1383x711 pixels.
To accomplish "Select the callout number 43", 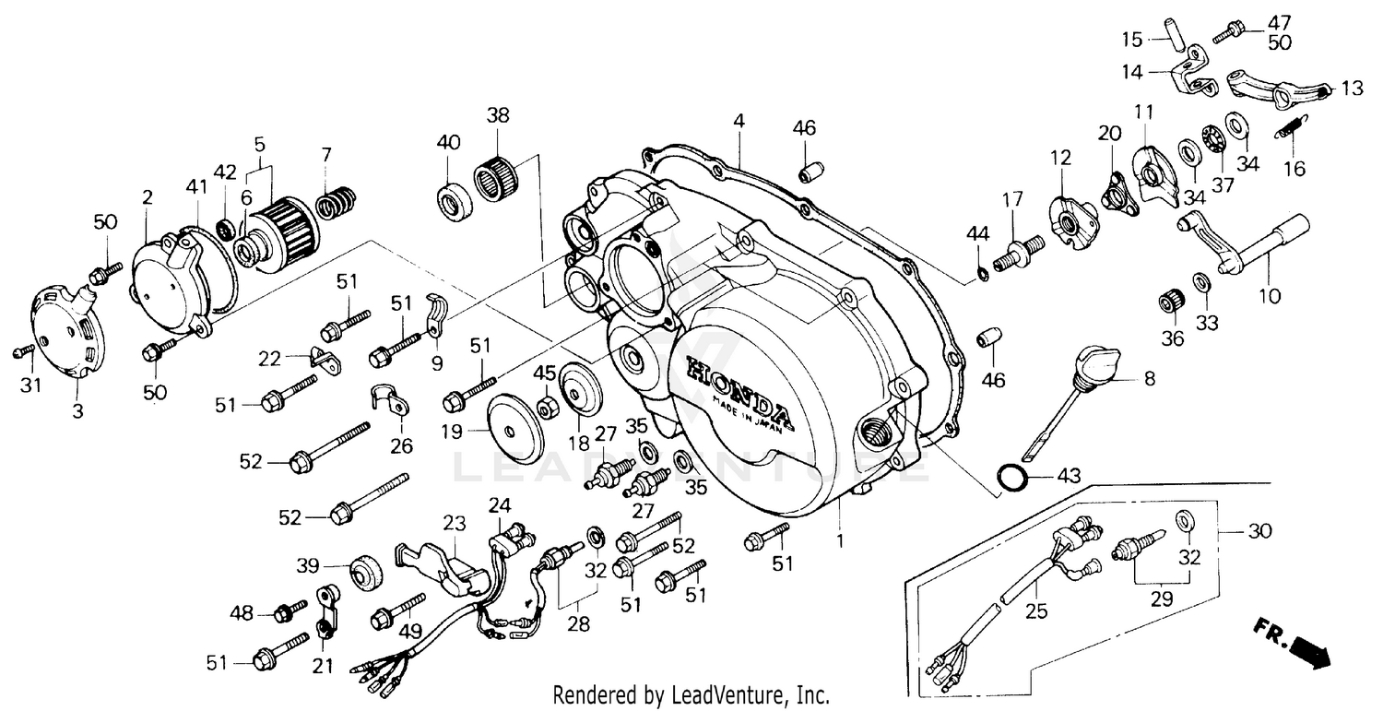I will pos(1068,476).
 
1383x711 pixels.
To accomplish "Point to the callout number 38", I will pos(498,116).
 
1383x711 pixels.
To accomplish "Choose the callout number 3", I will pos(77,412).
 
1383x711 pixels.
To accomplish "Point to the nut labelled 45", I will pos(545,408).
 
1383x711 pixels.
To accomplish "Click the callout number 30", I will pos(1259,532).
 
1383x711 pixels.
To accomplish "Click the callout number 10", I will pos(1269,296).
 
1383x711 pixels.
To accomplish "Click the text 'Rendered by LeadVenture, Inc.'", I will pos(690,694).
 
